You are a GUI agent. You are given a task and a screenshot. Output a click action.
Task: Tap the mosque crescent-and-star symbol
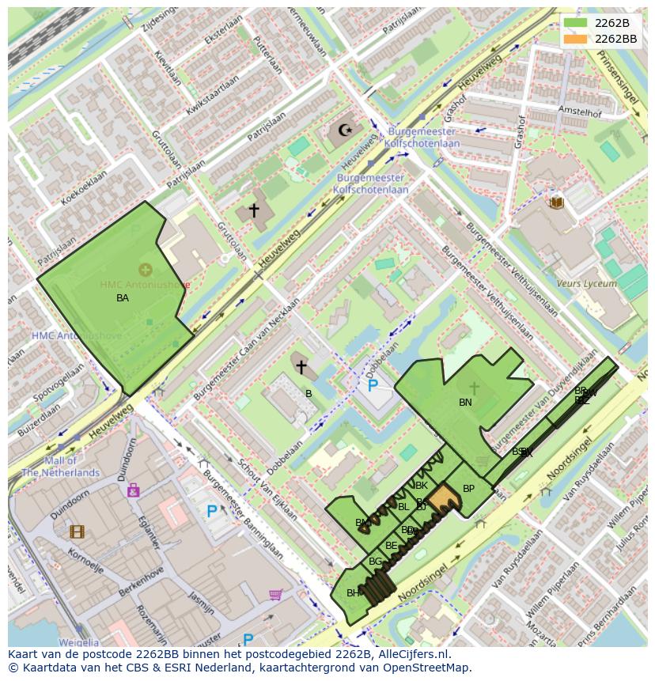[344, 130]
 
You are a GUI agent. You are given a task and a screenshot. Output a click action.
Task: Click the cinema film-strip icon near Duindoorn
[77, 532]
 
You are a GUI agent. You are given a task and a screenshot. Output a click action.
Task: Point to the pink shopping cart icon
[275, 594]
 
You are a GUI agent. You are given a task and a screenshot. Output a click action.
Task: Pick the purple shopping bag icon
[133, 490]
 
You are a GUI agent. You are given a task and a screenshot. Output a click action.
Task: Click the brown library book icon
[557, 202]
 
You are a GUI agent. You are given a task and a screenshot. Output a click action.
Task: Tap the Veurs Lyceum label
[586, 283]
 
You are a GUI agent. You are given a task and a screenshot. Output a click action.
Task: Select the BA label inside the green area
[123, 298]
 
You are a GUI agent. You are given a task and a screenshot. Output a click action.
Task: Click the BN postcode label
[465, 403]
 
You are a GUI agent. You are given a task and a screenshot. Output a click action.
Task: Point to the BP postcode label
[468, 489]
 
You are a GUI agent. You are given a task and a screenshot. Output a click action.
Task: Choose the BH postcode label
[353, 592]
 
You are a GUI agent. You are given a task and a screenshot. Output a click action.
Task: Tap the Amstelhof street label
[579, 112]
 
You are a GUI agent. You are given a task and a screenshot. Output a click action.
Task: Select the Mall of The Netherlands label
[60, 467]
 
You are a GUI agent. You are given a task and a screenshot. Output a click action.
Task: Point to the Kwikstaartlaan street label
[212, 96]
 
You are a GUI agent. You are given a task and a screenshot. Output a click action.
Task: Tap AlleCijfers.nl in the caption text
[412, 654]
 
